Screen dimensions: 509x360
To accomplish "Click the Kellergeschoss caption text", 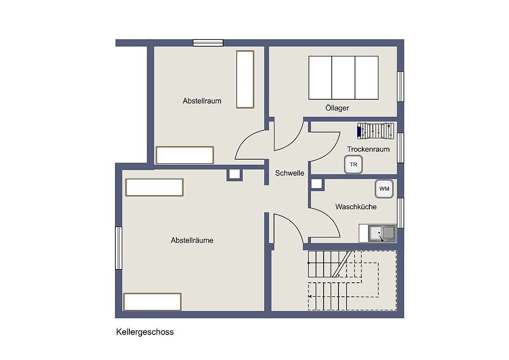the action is (x=145, y=332).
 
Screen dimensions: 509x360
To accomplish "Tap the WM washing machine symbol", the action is (x=384, y=188).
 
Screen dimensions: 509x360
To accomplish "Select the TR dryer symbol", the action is (x=353, y=164).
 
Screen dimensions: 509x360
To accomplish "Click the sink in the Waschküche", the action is (x=382, y=233).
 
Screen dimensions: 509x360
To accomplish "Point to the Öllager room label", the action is (x=337, y=107).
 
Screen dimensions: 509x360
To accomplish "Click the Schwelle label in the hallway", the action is (x=289, y=173).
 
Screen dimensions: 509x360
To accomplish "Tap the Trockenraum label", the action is (x=368, y=149).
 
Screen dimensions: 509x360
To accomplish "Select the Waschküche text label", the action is (x=356, y=207).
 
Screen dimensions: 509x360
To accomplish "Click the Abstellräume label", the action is (x=192, y=240).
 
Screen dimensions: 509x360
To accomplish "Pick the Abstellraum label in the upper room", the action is (x=202, y=101).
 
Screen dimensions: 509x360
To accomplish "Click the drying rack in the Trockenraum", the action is (x=376, y=131).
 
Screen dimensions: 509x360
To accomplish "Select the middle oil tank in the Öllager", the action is (x=343, y=78).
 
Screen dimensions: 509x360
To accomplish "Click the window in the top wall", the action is (x=208, y=43).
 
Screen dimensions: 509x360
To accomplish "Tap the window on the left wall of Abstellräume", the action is (x=118, y=248).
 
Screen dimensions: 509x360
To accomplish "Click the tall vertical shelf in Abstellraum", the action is (x=245, y=79).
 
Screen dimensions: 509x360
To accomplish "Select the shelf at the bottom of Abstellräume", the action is (x=152, y=302).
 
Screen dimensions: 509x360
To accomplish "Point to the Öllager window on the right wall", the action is (x=400, y=87).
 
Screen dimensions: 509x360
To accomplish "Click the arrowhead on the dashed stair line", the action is (x=310, y=297).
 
